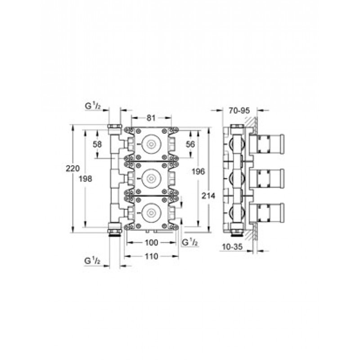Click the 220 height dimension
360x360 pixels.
[73, 168]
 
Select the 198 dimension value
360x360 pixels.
[85, 179]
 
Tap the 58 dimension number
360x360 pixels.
[97, 144]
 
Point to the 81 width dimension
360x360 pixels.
[151, 118]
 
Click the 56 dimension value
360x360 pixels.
[190, 144]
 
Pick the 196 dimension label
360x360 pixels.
[198, 171]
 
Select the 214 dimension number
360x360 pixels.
[208, 196]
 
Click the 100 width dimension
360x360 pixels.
[152, 243]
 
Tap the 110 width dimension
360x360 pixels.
[152, 256]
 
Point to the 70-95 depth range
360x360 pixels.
[239, 111]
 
